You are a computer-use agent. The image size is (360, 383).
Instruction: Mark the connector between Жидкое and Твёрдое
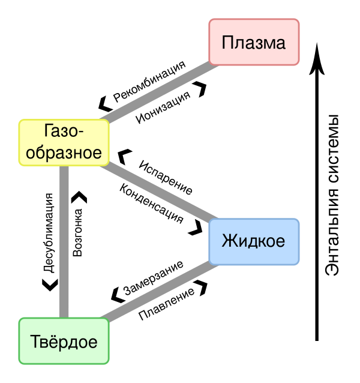tap(159, 292)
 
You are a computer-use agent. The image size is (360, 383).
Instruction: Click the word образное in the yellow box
tap(64, 152)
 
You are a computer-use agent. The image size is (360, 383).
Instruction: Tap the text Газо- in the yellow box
tap(64, 131)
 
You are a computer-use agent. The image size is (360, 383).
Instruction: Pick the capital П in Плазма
tap(227, 43)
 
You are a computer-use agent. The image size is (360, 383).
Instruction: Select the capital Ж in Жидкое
tap(229, 242)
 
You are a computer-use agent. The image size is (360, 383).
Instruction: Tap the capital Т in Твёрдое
tap(35, 342)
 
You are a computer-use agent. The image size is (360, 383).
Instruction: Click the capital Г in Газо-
tap(49, 131)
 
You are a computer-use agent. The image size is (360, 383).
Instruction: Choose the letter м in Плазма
tap(268, 44)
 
